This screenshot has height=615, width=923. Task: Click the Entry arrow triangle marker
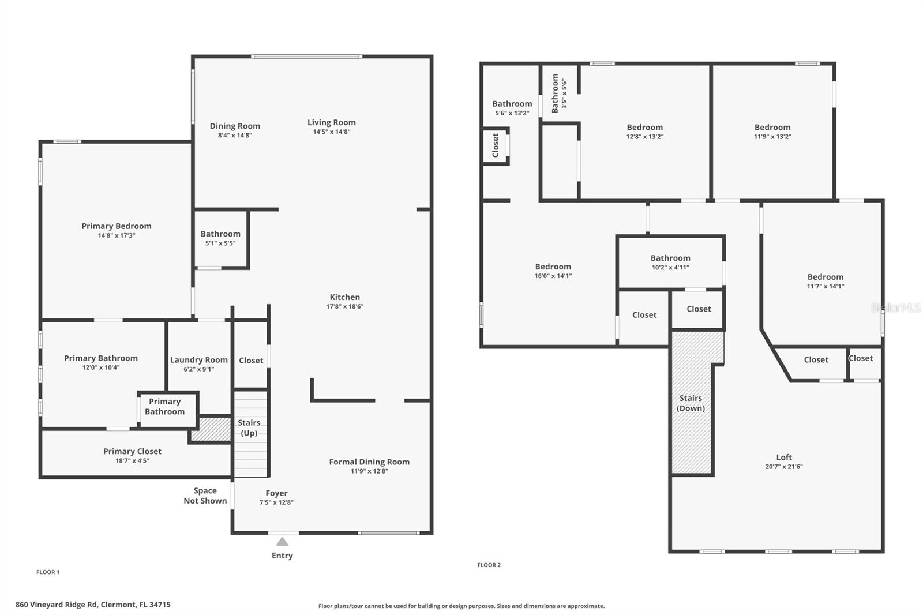click(282, 541)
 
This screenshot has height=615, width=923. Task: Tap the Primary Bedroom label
click(117, 226)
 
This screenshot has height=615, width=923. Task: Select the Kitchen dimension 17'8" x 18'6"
click(344, 306)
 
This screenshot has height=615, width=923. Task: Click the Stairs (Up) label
click(249, 427)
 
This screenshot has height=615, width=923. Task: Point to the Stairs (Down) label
click(691, 403)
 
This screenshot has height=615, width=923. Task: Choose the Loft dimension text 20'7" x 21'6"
click(783, 467)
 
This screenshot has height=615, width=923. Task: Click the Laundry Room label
click(198, 359)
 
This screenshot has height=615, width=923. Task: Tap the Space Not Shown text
click(205, 496)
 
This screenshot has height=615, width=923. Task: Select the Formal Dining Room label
click(369, 462)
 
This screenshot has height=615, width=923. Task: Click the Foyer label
click(276, 493)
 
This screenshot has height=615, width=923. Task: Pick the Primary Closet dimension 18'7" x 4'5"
click(132, 460)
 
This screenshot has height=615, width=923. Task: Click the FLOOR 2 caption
click(489, 565)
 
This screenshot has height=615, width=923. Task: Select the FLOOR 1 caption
click(48, 572)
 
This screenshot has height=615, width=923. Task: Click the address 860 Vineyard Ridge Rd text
click(93, 605)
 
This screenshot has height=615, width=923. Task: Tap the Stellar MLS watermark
click(895, 307)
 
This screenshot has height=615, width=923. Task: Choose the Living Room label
click(331, 122)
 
